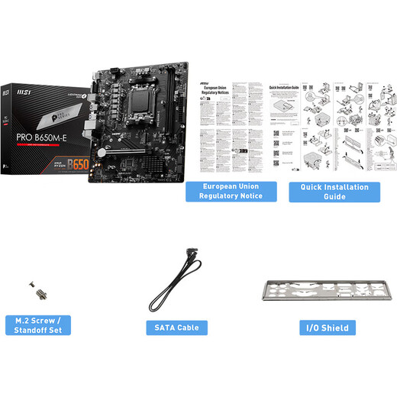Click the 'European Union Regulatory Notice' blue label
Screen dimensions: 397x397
pos(231,191)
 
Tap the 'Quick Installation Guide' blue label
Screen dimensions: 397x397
pos(334,191)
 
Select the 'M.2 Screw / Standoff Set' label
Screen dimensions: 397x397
pos(37,325)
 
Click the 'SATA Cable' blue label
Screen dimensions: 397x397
pos(177,328)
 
